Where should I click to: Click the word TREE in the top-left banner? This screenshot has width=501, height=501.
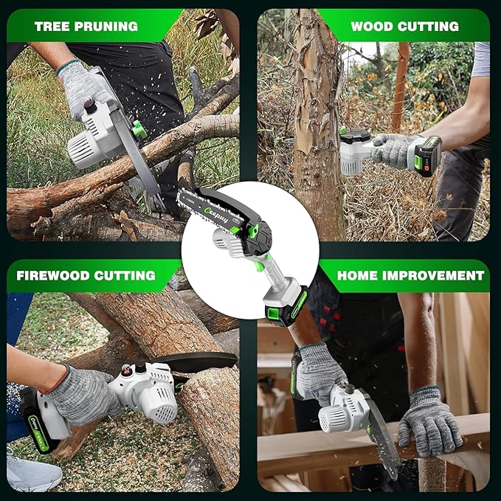53,26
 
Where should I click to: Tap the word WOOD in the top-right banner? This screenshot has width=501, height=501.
372,26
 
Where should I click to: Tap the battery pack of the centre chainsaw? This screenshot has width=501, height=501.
288,306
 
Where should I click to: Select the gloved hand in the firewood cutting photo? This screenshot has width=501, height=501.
80,395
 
